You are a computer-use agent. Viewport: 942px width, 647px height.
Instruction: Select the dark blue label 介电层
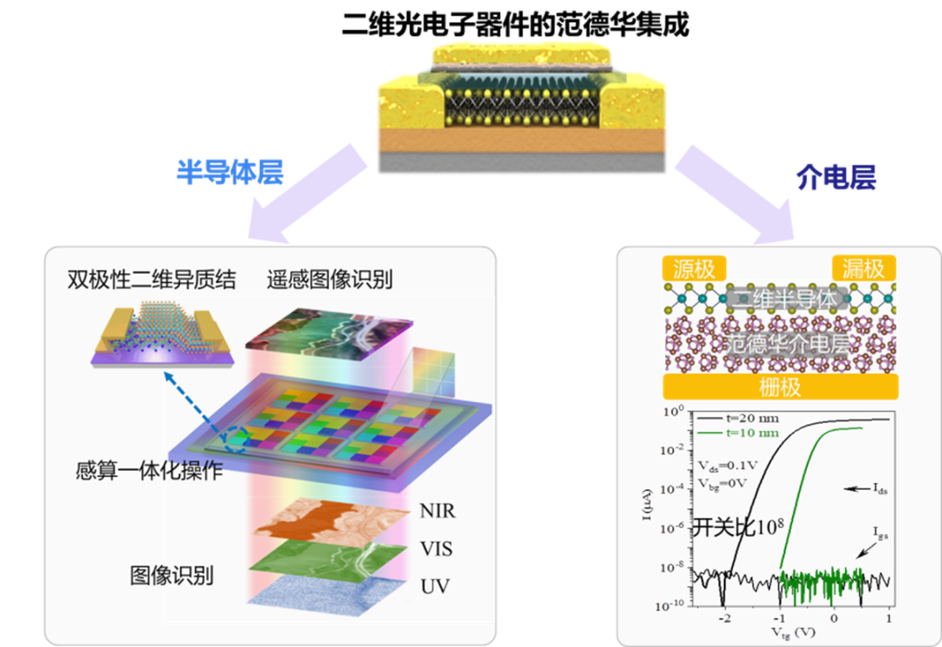click(x=836, y=177)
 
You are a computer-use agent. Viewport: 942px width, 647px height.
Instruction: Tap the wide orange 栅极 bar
click(x=779, y=386)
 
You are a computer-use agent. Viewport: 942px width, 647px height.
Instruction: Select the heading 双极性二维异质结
click(x=152, y=279)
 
